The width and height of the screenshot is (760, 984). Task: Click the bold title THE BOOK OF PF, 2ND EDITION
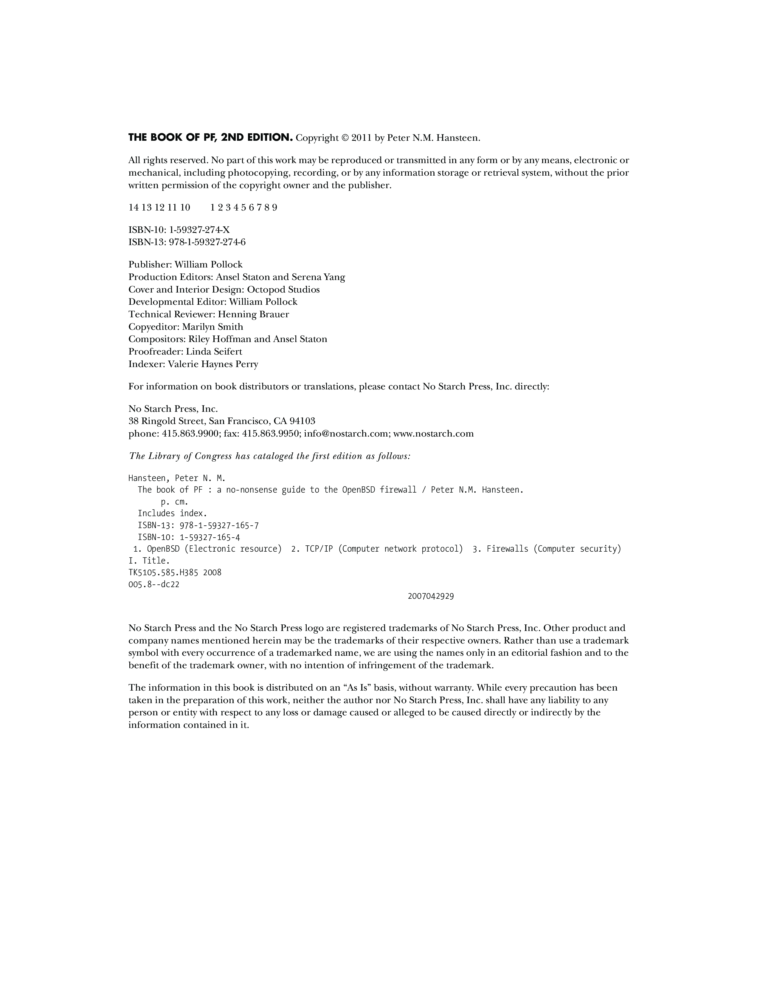pyautogui.click(x=210, y=137)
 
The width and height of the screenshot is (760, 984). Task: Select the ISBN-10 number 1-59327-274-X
pyautogui.click(x=199, y=230)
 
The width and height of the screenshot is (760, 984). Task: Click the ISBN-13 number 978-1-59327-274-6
pyautogui.click(x=207, y=242)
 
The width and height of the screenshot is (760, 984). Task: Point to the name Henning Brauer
pyautogui.click(x=254, y=315)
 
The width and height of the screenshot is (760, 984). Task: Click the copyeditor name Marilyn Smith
pyautogui.click(x=213, y=327)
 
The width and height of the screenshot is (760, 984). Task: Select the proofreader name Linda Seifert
pyautogui.click(x=214, y=352)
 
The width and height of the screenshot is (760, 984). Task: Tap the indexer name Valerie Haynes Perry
pyautogui.click(x=213, y=364)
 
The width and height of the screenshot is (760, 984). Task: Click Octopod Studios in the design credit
pyautogui.click(x=283, y=290)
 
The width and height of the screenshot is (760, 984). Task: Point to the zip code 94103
pyautogui.click(x=302, y=421)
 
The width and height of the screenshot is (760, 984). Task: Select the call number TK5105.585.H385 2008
pyautogui.click(x=175, y=573)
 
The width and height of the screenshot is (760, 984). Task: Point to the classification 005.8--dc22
pyautogui.click(x=154, y=584)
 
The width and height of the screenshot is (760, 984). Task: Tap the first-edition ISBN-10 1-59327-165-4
pyautogui.click(x=210, y=538)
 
